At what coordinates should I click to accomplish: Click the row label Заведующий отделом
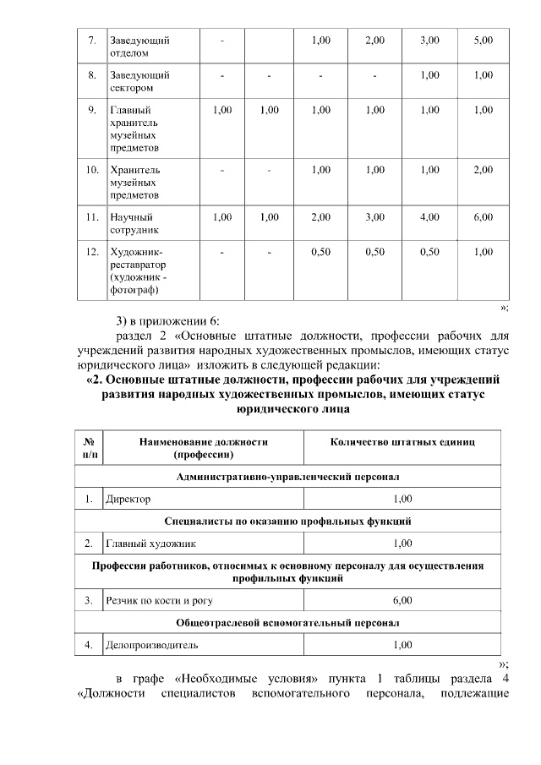140,46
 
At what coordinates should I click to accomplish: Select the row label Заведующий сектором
140,81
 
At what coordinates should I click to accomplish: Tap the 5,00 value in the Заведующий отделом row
484,41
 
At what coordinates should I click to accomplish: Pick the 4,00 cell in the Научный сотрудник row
429,217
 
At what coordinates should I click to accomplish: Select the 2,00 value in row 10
484,170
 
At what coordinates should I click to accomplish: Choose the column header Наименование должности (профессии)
203,447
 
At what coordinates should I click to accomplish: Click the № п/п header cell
89,447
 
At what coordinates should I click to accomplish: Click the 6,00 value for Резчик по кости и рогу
402,600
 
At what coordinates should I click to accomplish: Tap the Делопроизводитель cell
151,644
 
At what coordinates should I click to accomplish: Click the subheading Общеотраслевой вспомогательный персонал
287,622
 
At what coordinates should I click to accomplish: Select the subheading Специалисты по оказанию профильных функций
287,521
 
